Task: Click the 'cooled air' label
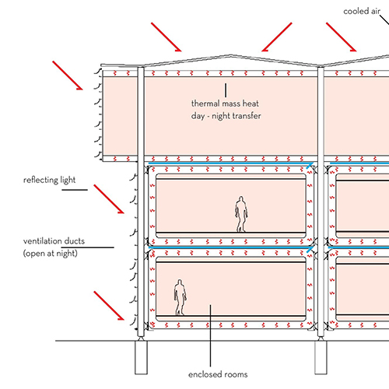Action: (362, 11)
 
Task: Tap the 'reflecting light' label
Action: (50, 180)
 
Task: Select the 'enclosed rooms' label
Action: (218, 374)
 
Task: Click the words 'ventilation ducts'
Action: (54, 241)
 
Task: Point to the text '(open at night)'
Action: (51, 253)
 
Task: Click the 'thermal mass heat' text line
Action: (225, 103)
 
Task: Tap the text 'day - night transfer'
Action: (226, 116)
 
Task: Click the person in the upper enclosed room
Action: (241, 214)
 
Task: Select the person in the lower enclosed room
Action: (180, 297)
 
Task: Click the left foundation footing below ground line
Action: (141, 357)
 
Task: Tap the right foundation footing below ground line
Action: (321, 357)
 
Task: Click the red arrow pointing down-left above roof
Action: (277, 37)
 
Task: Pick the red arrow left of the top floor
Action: (68, 75)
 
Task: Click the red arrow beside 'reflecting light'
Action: (109, 199)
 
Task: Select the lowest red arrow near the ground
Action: (109, 306)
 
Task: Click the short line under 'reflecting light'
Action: (75, 190)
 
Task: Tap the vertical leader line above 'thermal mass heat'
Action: (226, 90)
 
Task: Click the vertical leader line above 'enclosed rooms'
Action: (210, 335)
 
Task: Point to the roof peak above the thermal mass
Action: (231, 55)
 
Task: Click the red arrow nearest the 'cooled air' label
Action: (342, 37)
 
